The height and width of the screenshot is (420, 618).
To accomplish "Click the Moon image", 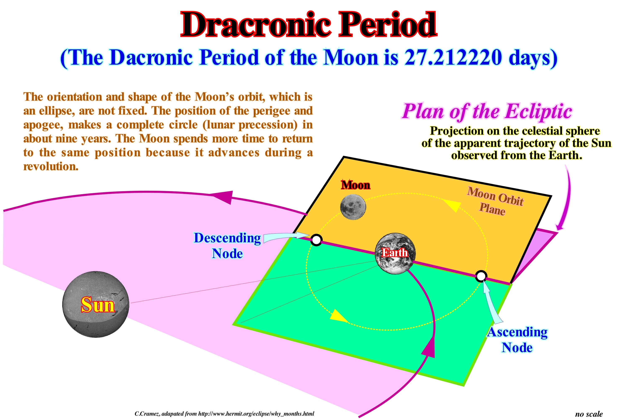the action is click(353, 207).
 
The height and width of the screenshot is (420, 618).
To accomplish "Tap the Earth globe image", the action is click(395, 254).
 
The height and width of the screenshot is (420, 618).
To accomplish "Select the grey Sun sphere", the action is click(96, 304).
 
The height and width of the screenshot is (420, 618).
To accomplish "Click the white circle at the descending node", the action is click(316, 240).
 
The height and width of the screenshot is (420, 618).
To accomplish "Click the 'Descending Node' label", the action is click(227, 245).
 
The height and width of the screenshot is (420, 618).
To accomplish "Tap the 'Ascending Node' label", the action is click(517, 340).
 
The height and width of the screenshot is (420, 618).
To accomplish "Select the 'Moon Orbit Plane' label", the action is click(495, 201).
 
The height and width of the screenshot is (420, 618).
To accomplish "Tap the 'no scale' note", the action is click(589, 414).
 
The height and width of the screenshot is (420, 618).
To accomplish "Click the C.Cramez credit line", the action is click(224, 414).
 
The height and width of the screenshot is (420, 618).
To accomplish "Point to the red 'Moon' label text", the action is click(356, 185).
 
